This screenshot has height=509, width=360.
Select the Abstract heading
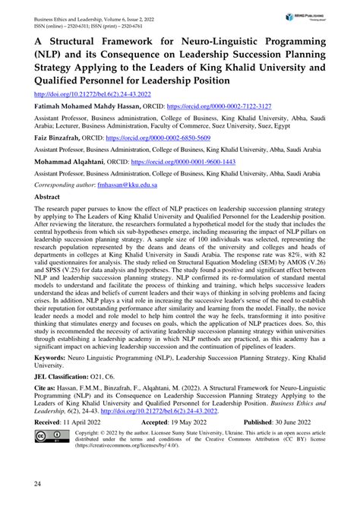pos(48,217)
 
